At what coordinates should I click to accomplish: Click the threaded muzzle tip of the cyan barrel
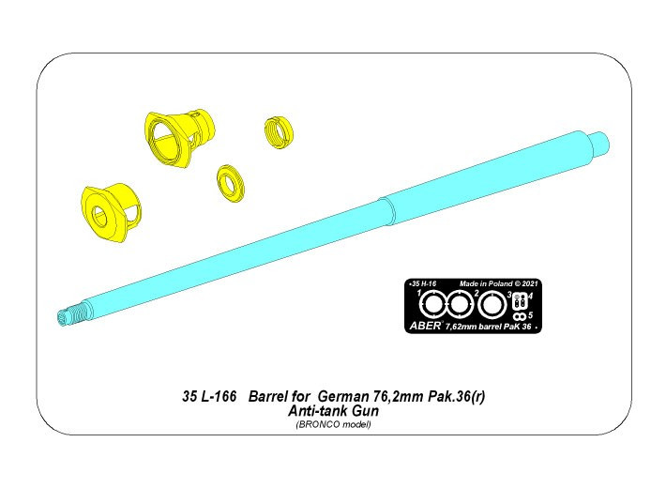pyautogui.click(x=70, y=313)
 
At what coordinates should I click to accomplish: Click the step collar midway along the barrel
pyautogui.click(x=387, y=211)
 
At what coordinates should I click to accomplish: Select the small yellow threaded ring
pyautogui.click(x=279, y=132)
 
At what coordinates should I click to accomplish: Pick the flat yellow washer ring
pyautogui.click(x=231, y=184)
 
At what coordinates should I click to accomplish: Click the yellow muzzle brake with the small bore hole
pyautogui.click(x=111, y=212)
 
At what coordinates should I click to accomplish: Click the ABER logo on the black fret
pyautogui.click(x=425, y=326)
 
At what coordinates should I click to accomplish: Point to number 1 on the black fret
pyautogui.click(x=419, y=293)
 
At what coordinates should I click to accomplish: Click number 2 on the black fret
pyautogui.click(x=477, y=293)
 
